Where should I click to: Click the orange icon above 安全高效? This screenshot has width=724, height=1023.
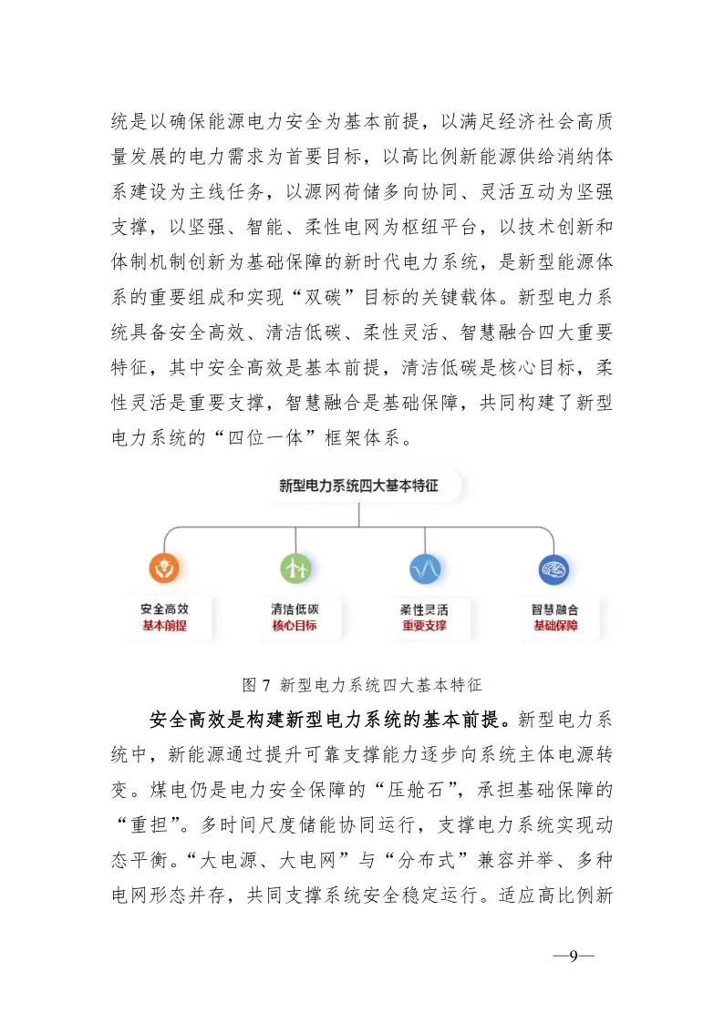(x=164, y=568)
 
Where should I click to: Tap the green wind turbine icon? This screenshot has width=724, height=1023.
(x=295, y=568)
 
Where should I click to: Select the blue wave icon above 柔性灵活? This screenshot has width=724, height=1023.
(x=425, y=568)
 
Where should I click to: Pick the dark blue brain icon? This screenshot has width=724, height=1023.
(x=554, y=568)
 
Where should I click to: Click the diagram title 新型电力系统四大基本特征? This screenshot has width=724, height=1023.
(x=358, y=486)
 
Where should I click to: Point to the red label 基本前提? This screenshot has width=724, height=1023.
(x=164, y=626)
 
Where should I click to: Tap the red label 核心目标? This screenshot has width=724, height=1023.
(x=295, y=626)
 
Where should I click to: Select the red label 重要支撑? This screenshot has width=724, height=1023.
(x=424, y=626)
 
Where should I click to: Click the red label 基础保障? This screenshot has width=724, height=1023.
(x=555, y=626)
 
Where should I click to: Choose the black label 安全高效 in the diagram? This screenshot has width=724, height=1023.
(x=164, y=609)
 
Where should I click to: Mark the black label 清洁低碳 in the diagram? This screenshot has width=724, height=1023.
(x=295, y=609)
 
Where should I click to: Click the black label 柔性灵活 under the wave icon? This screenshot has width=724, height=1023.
(x=424, y=609)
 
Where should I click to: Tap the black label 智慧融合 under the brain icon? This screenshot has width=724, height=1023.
(x=555, y=609)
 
